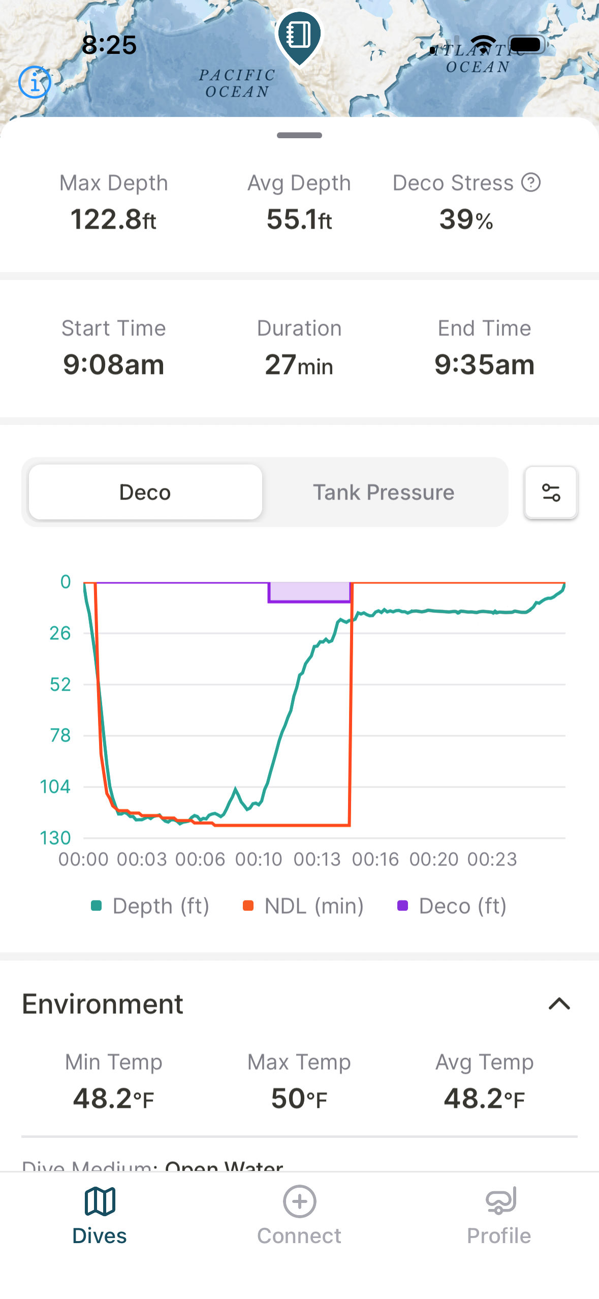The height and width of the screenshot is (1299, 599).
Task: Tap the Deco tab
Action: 145,492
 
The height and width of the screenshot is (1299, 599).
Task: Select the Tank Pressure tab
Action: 384,492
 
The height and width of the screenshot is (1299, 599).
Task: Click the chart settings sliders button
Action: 551,492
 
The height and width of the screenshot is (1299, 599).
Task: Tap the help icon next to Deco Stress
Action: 531,182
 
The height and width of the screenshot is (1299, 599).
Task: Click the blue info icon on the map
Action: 35,82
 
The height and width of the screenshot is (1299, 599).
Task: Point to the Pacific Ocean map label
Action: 237,83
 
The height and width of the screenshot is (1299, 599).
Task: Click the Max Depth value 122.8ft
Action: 113,220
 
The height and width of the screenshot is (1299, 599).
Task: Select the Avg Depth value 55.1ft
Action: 299,220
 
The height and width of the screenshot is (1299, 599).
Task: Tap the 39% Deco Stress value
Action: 466,220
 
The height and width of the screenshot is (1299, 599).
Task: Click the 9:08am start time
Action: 113,364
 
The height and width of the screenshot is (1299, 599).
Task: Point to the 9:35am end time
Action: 484,364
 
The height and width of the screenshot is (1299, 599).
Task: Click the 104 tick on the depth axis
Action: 55,787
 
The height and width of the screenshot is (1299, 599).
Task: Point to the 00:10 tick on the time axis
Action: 258,859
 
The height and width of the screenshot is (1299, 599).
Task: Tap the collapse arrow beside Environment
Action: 559,1004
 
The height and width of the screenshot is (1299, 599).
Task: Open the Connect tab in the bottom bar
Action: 299,1215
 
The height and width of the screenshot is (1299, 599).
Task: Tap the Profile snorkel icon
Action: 500,1201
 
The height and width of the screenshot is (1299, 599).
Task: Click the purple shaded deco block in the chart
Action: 309,592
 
